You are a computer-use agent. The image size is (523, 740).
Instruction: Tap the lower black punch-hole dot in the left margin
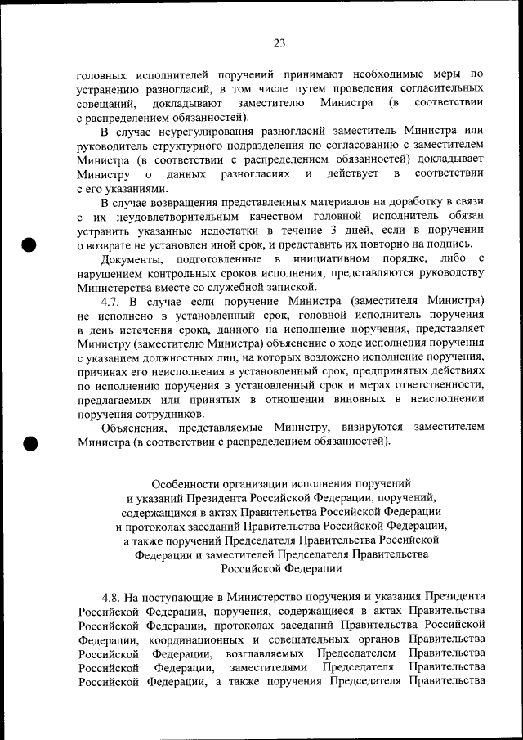pos(31,442)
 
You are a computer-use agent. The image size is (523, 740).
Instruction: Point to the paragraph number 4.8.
pos(113,596)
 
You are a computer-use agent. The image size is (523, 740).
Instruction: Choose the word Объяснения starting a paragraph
pos(133,428)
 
